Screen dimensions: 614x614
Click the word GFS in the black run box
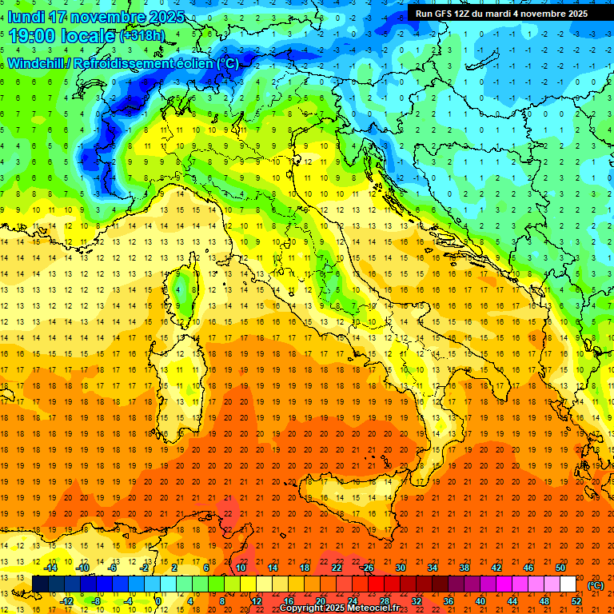(x=444, y=14)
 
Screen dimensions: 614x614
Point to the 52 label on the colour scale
(x=576, y=601)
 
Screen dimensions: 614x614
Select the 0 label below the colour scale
(x=157, y=601)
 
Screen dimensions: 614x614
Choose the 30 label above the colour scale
(x=401, y=568)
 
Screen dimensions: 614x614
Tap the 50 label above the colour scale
(x=560, y=568)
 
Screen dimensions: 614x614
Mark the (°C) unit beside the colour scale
(x=596, y=584)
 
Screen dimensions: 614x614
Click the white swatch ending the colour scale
(x=568, y=584)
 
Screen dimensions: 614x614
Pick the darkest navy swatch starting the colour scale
(x=40, y=584)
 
